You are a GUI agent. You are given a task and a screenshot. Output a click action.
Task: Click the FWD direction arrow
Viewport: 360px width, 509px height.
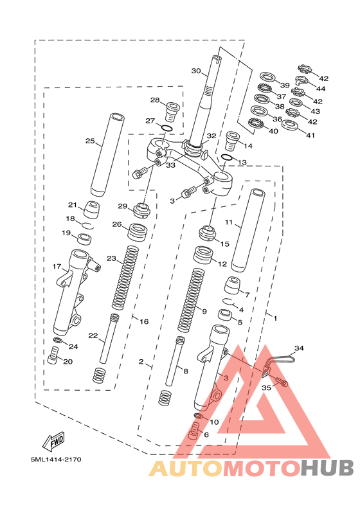pyautogui.click(x=54, y=441)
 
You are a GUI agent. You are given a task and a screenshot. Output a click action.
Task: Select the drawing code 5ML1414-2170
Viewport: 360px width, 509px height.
pyautogui.click(x=56, y=460)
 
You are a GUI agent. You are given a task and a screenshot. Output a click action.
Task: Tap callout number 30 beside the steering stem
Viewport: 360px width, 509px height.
pyautogui.click(x=196, y=71)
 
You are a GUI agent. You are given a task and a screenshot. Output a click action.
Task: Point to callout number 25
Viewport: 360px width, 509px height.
pyautogui.click(x=90, y=141)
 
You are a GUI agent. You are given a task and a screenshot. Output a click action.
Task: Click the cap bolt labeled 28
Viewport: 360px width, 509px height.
pyautogui.click(x=172, y=111)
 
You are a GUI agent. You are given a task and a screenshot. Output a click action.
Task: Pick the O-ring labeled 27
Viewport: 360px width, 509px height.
pyautogui.click(x=167, y=128)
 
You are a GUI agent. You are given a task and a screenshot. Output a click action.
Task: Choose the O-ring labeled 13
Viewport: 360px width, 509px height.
pyautogui.click(x=226, y=157)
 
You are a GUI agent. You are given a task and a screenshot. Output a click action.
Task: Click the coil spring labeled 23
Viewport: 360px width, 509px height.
pyautogui.click(x=125, y=278)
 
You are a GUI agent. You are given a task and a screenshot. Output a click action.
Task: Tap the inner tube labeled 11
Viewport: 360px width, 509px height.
pyautogui.click(x=248, y=230)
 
